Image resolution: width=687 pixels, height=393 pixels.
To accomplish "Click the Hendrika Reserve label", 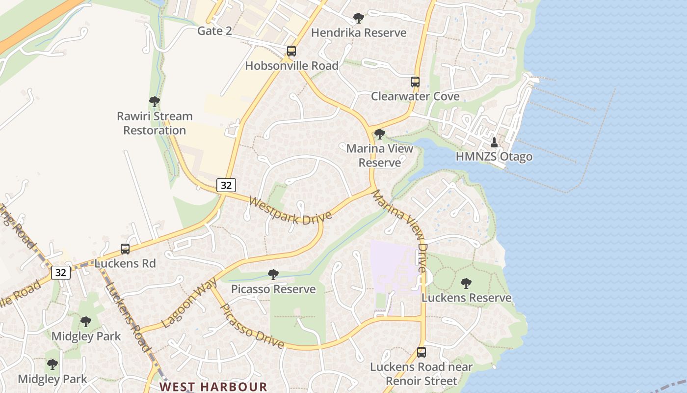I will click(x=359, y=33).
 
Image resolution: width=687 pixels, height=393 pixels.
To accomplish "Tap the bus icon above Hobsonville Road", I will click(x=291, y=51).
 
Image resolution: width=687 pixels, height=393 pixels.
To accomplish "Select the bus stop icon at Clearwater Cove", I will click(x=415, y=82).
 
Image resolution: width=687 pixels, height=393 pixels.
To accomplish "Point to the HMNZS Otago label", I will click(x=494, y=157).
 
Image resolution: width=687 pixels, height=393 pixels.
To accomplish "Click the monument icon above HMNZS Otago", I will click(x=494, y=142).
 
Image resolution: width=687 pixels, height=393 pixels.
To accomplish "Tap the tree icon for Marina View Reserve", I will click(x=379, y=134).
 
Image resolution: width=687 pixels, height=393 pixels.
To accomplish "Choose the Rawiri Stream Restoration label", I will click(x=155, y=123).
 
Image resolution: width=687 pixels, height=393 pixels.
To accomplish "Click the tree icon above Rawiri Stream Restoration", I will click(x=155, y=102).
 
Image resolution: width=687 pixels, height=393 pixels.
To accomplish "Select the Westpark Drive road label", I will click(x=290, y=211).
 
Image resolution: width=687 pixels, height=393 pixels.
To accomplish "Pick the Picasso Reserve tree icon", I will click(x=273, y=275).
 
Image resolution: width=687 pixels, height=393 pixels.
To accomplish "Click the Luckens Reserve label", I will click(x=466, y=298).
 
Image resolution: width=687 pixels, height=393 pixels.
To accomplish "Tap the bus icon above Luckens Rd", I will click(x=125, y=249).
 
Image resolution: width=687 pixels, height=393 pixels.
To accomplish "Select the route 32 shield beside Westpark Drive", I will click(x=226, y=185).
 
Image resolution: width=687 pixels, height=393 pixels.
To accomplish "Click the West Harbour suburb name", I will click(x=213, y=387).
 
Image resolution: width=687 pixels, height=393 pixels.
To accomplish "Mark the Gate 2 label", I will click(x=214, y=31).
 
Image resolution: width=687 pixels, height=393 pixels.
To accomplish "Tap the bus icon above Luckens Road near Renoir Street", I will click(x=422, y=352).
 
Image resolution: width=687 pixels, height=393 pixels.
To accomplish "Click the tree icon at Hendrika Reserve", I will click(x=359, y=18).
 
